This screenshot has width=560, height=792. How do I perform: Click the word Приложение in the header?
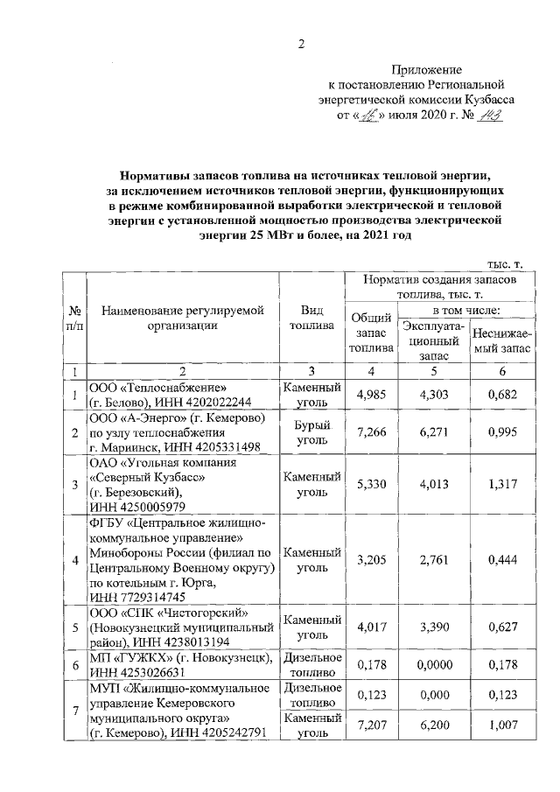click(426, 69)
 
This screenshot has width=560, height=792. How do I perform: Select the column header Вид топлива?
click(311, 318)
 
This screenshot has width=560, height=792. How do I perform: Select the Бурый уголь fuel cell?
click(311, 432)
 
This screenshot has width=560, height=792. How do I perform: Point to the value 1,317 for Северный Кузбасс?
click(501, 482)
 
